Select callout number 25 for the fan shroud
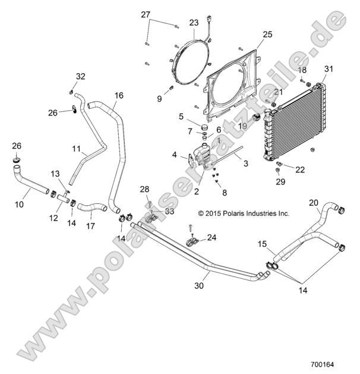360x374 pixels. point(267,35)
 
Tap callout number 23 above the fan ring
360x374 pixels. point(194,23)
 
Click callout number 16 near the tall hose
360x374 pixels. point(119,95)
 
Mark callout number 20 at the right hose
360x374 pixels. point(314,202)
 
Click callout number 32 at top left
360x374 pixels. point(81,76)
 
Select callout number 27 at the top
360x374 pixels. point(146,15)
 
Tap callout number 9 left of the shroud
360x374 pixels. point(159,99)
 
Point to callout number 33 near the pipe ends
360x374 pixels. point(170,211)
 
